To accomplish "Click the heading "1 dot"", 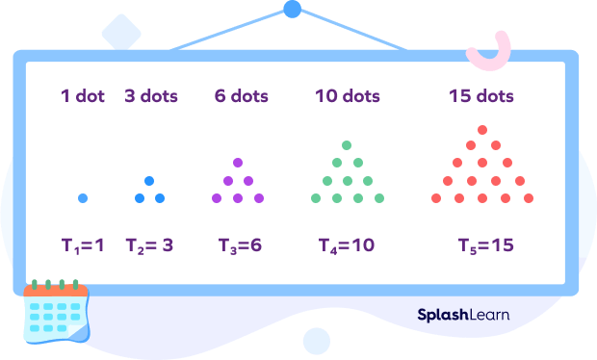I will (x=83, y=96).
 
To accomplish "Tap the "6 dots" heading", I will (x=241, y=96).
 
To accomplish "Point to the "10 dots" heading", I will (x=348, y=96).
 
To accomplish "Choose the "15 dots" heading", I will (x=480, y=96).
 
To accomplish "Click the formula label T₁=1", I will (x=83, y=245).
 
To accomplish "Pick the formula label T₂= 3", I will (x=149, y=245).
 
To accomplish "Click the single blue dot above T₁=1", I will (x=83, y=198).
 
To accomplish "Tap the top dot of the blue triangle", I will (x=149, y=181).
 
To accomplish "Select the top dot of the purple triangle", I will (x=238, y=163).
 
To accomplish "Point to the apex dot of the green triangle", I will (x=347, y=145).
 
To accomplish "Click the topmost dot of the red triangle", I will (x=482, y=129).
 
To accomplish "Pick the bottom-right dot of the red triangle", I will (x=528, y=198).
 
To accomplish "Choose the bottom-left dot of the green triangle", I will (x=315, y=198).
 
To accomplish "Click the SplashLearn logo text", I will (x=464, y=314).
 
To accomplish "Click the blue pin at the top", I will (x=292, y=10).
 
